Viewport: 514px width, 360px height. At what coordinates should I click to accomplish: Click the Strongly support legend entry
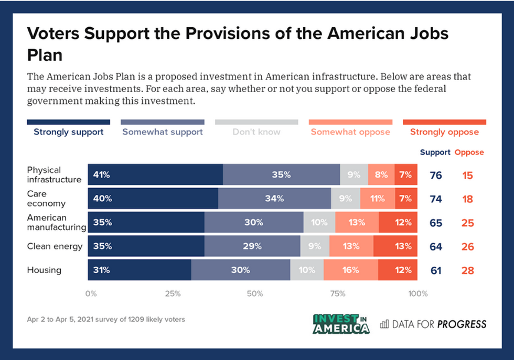[x=69, y=132]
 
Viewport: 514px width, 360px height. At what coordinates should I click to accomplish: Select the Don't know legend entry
[x=256, y=132]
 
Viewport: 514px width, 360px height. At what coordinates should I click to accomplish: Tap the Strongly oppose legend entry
[x=444, y=132]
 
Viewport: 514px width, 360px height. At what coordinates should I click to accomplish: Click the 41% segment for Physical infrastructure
[x=155, y=175]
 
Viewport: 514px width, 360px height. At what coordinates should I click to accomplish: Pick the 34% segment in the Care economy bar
[x=274, y=199]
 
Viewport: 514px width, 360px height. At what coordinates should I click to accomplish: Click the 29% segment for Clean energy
[x=252, y=246]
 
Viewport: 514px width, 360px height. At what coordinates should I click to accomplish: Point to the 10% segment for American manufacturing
[x=319, y=223]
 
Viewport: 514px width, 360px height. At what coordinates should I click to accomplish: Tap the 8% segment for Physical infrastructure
[x=381, y=175]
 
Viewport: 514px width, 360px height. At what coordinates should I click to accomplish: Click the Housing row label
[x=44, y=270]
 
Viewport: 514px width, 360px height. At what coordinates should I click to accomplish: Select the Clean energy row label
[x=55, y=246]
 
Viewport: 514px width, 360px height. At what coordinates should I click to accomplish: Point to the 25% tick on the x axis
[x=173, y=293]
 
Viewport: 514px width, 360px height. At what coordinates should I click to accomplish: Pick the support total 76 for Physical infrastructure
[x=436, y=175]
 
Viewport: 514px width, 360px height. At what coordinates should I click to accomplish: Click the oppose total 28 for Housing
[x=468, y=270]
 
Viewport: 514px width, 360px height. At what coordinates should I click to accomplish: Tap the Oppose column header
[x=469, y=152]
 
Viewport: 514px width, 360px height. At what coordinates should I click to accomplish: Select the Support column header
[x=435, y=152]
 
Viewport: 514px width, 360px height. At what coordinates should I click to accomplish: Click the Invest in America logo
[x=341, y=324]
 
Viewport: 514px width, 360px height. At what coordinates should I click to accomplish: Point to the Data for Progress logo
[x=433, y=324]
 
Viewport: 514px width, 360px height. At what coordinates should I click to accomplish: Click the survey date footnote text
[x=105, y=319]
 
